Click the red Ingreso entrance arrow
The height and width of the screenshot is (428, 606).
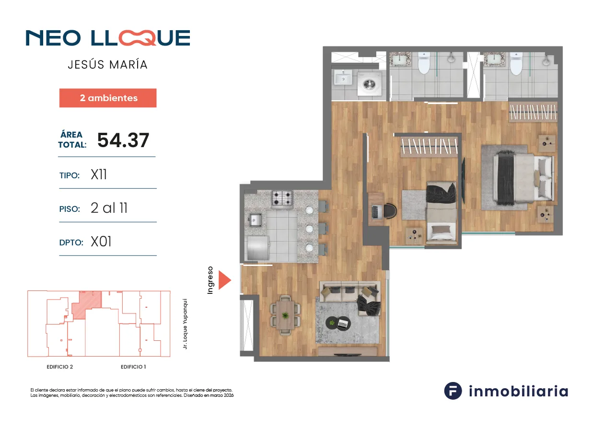[224, 280]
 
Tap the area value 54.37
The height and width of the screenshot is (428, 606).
[123, 140]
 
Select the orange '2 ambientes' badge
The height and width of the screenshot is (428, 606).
[108, 98]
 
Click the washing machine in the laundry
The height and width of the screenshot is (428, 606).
[369, 83]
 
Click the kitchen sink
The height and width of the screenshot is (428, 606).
[255, 220]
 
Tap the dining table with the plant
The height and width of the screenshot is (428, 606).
[285, 315]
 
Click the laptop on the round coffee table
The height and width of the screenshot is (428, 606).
[344, 323]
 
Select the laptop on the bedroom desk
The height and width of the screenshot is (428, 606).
[375, 212]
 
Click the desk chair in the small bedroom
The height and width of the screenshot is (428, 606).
[390, 210]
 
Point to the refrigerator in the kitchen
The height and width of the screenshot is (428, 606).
[257, 247]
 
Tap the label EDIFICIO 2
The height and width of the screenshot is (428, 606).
[60, 367]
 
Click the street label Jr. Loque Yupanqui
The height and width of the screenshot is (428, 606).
[185, 324]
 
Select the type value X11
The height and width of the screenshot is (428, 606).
[99, 174]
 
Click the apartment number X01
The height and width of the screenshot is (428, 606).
[101, 242]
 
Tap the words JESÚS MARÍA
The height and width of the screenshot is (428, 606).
[108, 65]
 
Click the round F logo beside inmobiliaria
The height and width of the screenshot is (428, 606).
[453, 391]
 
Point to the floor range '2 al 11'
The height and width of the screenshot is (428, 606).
[109, 208]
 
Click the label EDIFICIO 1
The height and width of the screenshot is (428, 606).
[133, 367]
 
